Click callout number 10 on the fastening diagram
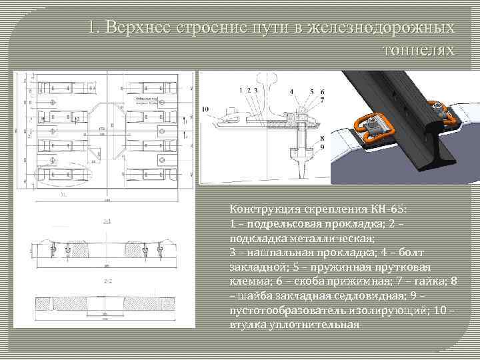pos(205,108)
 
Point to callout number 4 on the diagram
pos(292,91)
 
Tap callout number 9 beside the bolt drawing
pos(322,146)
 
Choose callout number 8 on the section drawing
pos(322,138)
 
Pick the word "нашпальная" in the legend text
pos(273,251)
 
